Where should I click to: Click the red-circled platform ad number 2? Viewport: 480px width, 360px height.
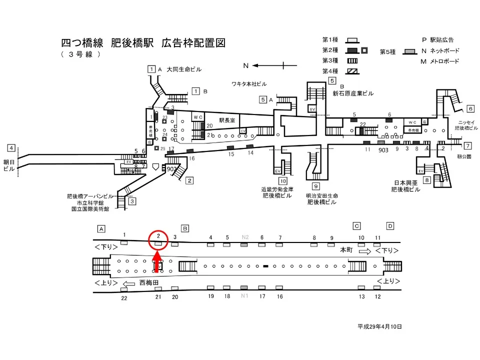point(158,235)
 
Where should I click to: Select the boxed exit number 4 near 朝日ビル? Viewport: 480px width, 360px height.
point(11,148)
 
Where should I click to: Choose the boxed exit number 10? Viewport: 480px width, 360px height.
point(283,181)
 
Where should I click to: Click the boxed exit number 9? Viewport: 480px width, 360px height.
point(316,186)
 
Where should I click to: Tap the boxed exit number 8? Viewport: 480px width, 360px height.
point(426,180)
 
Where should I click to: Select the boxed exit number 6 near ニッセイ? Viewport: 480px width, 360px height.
point(470,108)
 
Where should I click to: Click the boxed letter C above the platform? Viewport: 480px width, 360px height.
point(357,225)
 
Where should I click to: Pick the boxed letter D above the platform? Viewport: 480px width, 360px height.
point(390,225)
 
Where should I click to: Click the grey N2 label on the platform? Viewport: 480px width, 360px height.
point(245,237)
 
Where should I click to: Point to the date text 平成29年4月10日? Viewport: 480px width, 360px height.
point(379,326)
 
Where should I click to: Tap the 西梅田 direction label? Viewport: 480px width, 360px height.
point(149,282)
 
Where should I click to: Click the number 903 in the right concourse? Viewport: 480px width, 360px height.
point(383,149)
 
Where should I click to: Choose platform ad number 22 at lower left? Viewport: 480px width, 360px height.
point(124,298)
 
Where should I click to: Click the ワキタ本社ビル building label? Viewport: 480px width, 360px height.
point(249,83)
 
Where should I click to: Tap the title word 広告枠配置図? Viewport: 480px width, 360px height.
point(193,43)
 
